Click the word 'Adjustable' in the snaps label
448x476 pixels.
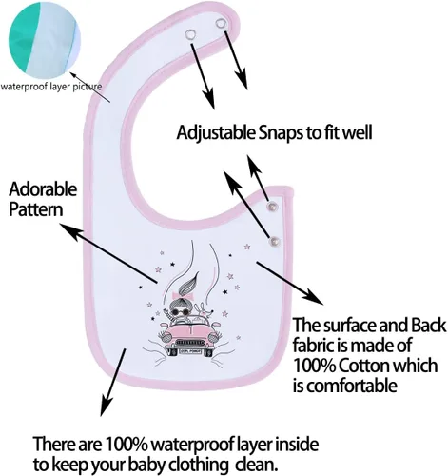[x=216, y=133]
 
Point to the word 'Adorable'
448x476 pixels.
[x=43, y=189]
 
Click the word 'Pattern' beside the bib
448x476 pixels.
[x=36, y=209]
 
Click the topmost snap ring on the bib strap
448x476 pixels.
[x=221, y=23]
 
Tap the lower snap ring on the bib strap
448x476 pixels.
[x=191, y=34]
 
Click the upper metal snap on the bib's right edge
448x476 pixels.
[x=272, y=207]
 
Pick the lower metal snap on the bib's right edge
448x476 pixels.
[x=275, y=242]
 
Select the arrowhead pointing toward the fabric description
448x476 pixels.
[x=313, y=296]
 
